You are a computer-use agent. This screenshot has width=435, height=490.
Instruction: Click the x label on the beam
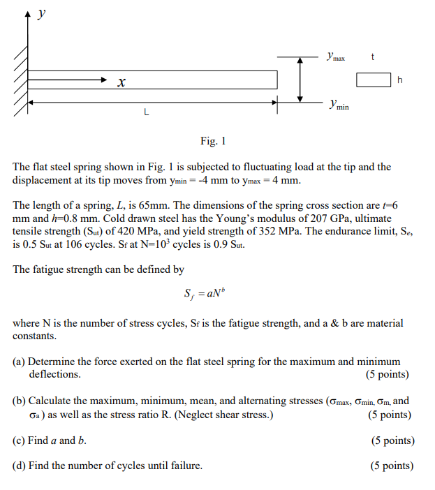pos(121,83)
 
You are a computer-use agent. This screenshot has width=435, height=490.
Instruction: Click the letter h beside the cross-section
pos(400,81)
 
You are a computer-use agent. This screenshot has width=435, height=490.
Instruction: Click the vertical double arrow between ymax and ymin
pos(300,79)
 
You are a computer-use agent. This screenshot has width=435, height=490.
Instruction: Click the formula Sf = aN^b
pos(201,294)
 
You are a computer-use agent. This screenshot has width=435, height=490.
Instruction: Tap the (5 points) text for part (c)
pos(392,440)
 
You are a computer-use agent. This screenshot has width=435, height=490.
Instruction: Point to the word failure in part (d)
pos(186,466)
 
